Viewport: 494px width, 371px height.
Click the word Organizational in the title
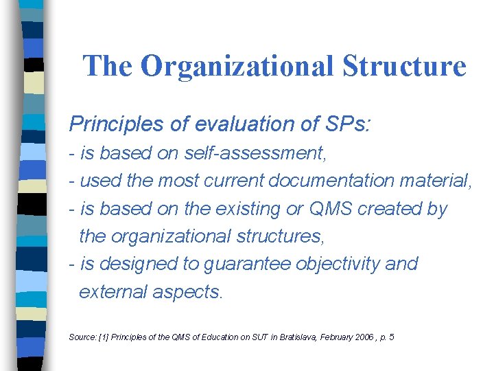point(237,66)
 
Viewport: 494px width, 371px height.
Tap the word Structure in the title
point(405,66)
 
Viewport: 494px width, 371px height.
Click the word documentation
point(327,181)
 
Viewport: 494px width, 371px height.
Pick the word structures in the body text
point(277,236)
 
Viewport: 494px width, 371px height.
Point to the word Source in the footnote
point(81,337)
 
